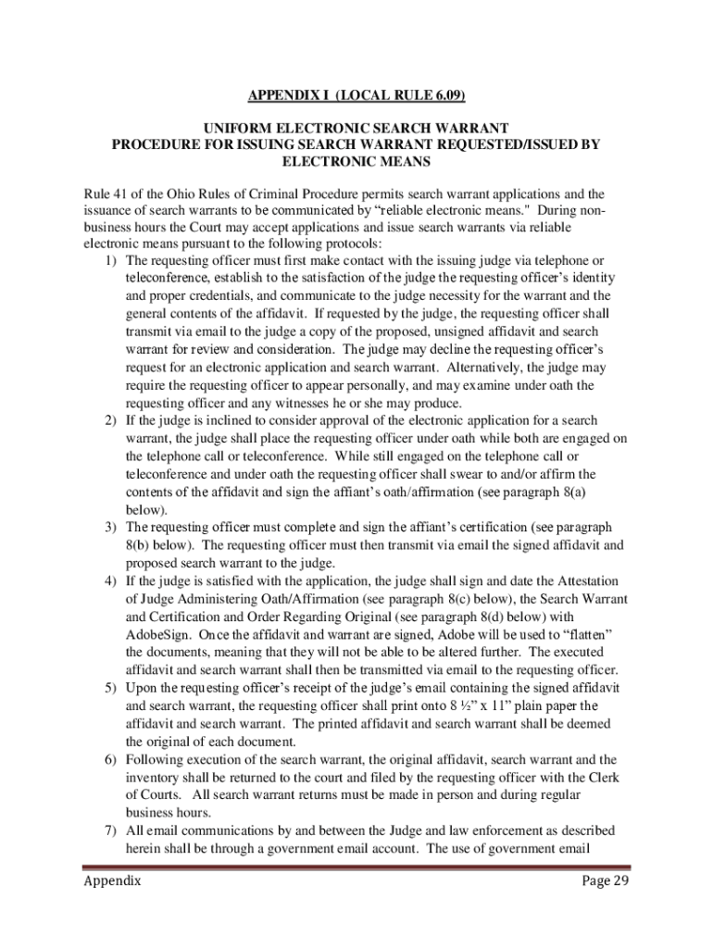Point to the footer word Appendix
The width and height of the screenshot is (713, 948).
point(110,906)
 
